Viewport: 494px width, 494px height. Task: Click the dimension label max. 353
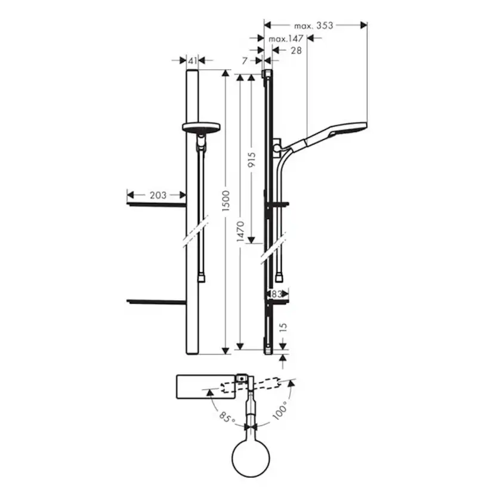coord(314,26)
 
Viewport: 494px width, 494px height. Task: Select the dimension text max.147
coord(286,39)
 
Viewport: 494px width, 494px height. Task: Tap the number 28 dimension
coord(296,51)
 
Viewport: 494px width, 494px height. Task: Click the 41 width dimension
coord(192,60)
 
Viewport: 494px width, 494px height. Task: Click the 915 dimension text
coord(252,161)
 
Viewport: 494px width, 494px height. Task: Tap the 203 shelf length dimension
coord(159,195)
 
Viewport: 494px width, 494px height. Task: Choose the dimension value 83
coord(276,294)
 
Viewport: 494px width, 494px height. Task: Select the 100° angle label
coord(280,411)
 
